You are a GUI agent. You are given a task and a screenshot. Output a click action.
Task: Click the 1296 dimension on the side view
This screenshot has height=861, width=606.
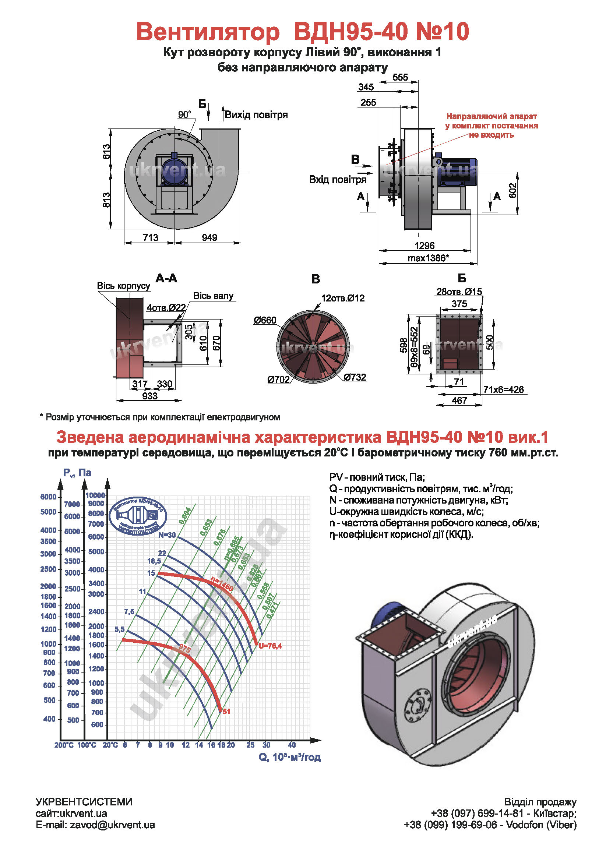[x=424, y=246]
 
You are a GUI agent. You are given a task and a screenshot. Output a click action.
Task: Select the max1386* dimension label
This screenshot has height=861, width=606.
[x=428, y=258]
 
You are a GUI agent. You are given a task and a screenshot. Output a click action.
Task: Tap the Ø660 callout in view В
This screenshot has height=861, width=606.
[x=265, y=320]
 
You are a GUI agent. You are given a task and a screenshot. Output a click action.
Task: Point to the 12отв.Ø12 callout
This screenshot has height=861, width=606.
[x=343, y=298]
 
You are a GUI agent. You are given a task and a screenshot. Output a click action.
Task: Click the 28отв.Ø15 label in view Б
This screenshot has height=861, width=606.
[x=459, y=292]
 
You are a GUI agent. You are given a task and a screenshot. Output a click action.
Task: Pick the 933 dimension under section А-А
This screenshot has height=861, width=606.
[x=149, y=396]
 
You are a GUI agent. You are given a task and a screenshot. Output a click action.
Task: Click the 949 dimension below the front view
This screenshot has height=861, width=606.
[x=209, y=238]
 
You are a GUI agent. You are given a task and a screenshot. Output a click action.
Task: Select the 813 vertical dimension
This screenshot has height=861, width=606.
[x=107, y=200]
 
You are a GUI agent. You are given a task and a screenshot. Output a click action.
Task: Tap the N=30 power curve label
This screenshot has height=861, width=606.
[x=167, y=535]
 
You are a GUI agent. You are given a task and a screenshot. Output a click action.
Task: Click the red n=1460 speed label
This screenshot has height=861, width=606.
[x=222, y=584]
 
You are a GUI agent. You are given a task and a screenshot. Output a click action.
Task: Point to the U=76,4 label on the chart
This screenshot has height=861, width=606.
[x=270, y=646]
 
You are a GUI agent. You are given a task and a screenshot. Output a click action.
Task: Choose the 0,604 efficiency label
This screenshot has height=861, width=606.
[x=185, y=516]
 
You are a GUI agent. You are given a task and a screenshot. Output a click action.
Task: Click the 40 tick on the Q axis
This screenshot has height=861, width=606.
[x=292, y=745]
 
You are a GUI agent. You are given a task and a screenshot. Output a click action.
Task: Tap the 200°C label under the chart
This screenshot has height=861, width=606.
[x=64, y=745]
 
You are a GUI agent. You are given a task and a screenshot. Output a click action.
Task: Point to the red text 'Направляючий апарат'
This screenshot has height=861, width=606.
[x=491, y=117]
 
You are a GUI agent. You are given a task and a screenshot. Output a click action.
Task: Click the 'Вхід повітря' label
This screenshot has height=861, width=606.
[x=338, y=180]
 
